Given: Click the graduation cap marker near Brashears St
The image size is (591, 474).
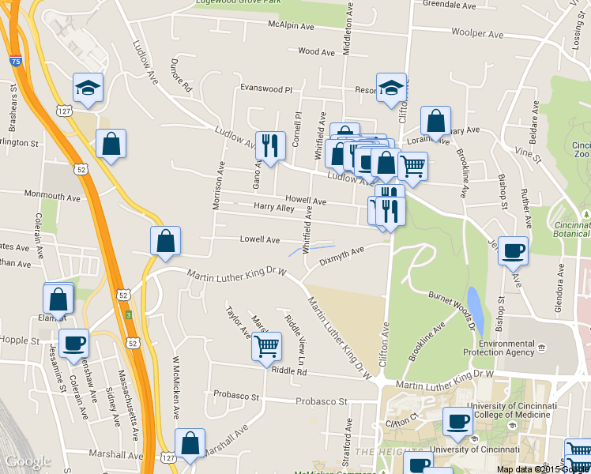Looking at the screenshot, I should tap(88, 88).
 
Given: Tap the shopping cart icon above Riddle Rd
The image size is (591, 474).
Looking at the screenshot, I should tap(266, 345).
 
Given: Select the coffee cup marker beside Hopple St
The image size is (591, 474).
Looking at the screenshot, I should tap(73, 343).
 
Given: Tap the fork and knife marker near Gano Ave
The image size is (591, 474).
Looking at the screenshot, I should tap(269, 145).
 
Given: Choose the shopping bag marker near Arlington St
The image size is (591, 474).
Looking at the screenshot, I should tap(111, 144).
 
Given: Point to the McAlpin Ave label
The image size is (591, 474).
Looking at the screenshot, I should tap(291, 25).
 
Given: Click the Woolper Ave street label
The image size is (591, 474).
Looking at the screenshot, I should tap(477, 34).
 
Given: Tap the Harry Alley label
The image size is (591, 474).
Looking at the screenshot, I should tap(273, 208).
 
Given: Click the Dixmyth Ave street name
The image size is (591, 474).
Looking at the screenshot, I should tap(341, 255).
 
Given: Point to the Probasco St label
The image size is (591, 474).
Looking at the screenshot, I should tap(322, 401).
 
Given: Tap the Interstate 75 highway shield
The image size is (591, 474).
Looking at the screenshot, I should tap(16, 61).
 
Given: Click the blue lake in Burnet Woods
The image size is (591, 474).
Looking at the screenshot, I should tap(474, 302).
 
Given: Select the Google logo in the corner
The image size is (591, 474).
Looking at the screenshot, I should tap(27, 461).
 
